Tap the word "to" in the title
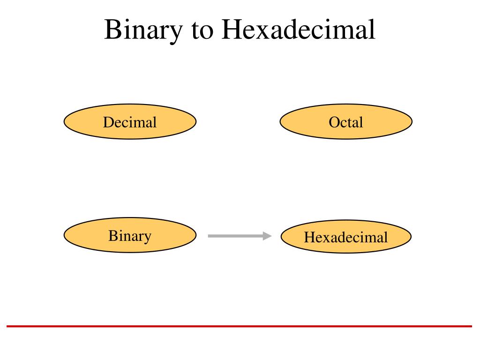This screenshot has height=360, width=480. point(202,30)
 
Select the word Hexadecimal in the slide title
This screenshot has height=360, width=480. point(299,30)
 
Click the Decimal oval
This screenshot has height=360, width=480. point(130,122)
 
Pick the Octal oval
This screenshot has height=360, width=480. point(346,122)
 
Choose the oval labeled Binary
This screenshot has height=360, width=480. point(130,235)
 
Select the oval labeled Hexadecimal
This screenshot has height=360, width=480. point(346,237)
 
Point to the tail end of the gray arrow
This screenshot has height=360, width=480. point(209,236)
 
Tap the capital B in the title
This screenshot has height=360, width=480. point(112,30)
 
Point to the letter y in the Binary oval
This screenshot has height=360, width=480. point(147,237)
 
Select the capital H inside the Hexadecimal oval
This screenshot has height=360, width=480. point(308,237)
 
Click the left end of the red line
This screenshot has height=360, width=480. point(7,326)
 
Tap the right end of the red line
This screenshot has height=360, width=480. point(471,326)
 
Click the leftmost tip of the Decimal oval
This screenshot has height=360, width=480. point(64,122)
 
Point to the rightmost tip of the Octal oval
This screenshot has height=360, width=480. point(412,122)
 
